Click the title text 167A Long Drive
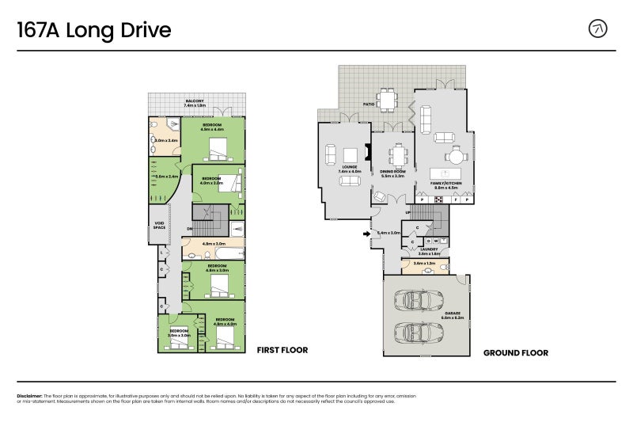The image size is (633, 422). [94, 30]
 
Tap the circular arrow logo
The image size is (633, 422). [599, 29]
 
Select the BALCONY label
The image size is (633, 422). [195, 101]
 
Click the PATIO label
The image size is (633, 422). [369, 104]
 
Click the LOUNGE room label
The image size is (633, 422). [350, 167]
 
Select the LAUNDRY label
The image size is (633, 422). [428, 249]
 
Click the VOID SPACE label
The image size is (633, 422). [159, 226]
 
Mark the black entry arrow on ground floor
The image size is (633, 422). [365, 234]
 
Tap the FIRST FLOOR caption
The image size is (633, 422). [282, 350]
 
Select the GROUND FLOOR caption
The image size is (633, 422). [515, 353]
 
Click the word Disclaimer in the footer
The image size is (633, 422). [29, 395]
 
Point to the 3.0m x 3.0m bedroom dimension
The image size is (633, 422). [179, 336]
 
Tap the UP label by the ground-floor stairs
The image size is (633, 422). [407, 213]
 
